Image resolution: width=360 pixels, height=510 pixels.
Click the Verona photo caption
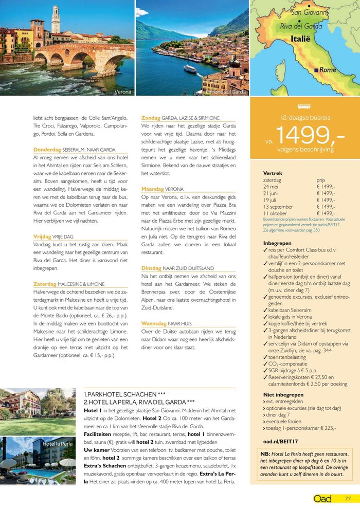pyautogui.click(x=123, y=92)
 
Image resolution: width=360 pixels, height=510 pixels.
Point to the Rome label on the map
pyautogui.click(x=327, y=69)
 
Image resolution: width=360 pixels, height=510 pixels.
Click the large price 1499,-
pyautogui.click(x=310, y=135)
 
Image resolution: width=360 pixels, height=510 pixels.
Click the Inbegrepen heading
pyautogui.click(x=277, y=243)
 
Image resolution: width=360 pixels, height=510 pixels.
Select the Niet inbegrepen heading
pyautogui.click(x=283, y=395)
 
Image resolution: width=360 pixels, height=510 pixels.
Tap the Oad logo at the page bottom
pyautogui.click(x=322, y=498)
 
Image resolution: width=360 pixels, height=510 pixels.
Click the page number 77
pyautogui.click(x=348, y=498)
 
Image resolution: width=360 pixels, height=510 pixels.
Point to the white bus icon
pyautogui.click(x=304, y=106)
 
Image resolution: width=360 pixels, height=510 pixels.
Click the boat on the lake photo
pyautogui.click(x=189, y=68)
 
